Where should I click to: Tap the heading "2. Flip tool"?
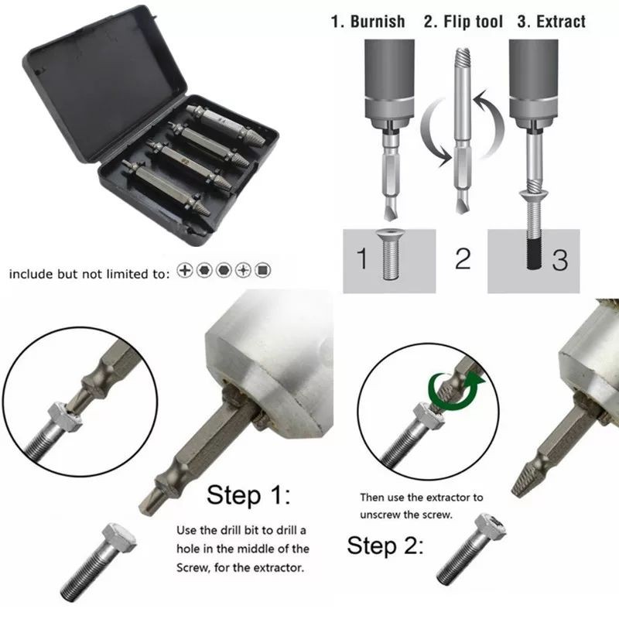[463, 22]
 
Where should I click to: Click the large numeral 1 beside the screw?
[361, 259]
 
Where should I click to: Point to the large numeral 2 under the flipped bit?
[462, 258]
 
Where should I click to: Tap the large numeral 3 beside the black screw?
[559, 259]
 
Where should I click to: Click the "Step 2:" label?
[385, 545]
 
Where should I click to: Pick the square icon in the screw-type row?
[264, 271]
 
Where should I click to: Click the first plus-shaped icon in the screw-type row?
[184, 271]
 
